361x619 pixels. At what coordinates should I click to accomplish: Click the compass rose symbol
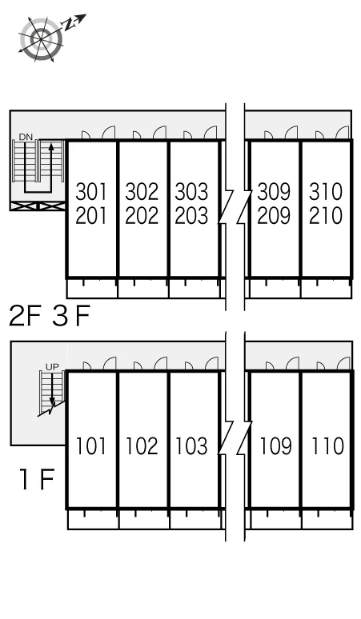41,38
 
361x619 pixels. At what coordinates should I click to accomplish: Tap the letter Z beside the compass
69,26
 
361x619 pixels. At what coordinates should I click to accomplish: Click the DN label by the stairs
26,137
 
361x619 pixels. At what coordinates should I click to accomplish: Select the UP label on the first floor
52,367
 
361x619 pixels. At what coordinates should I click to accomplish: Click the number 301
91,191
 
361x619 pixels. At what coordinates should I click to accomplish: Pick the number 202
142,216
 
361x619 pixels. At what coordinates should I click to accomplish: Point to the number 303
191,191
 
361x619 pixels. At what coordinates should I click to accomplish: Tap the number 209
274,216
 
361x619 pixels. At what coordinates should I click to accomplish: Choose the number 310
326,191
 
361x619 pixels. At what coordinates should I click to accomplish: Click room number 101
90,446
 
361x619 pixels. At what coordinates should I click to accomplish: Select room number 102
142,446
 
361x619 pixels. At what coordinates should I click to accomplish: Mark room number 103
191,446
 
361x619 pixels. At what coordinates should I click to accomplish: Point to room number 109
275,446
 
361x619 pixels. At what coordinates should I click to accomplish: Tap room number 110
327,446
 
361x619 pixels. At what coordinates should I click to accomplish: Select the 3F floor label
71,316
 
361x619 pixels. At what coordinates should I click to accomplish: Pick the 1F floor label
37,479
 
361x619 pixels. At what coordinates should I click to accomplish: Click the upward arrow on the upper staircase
50,162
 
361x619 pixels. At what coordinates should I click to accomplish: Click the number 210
326,216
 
